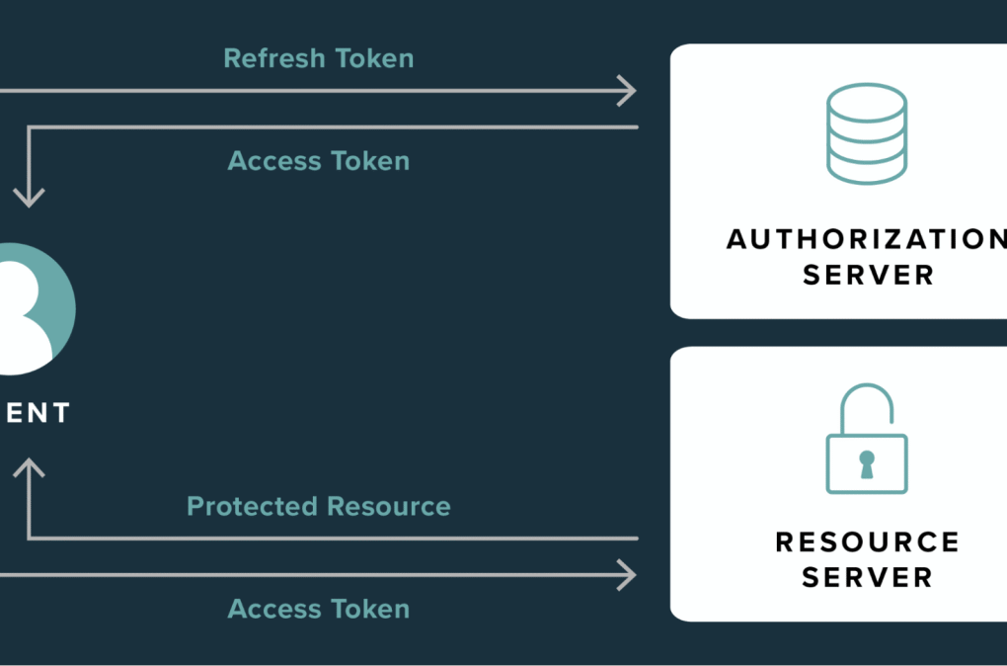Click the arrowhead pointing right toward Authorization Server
[x=627, y=91]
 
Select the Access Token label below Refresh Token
[x=318, y=161]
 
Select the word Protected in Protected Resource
[x=248, y=507]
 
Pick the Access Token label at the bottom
[x=318, y=609]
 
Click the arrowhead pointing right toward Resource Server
[x=627, y=573]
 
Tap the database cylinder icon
[x=866, y=134]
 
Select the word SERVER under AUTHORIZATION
[x=867, y=275]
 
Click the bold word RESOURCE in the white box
[x=867, y=541]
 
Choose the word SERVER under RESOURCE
[x=867, y=577]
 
